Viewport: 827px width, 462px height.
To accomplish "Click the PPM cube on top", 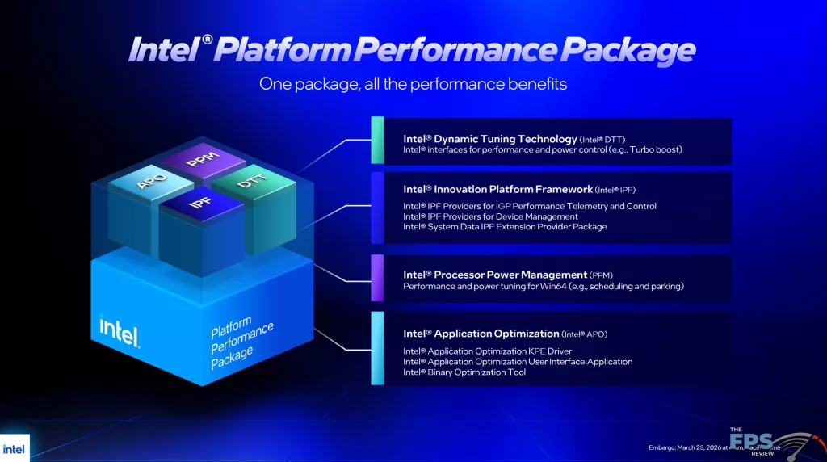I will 199,161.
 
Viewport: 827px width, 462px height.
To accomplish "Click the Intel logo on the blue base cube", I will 119,329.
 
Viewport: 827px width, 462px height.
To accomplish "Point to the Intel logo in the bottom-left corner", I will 15,448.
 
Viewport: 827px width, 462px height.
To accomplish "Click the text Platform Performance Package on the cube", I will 242,342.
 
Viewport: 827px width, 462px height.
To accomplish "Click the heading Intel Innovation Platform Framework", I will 498,189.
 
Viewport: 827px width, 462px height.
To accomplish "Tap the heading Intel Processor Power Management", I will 494,275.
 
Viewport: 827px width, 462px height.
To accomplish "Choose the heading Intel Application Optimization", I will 481,334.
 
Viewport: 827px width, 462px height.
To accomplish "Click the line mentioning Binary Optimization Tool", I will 464,372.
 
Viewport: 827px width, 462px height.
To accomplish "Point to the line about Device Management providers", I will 490,216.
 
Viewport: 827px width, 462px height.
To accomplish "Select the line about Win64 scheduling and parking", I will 544,287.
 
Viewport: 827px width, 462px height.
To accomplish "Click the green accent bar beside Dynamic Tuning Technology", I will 377,141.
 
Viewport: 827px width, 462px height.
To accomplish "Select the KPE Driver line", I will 487,351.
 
